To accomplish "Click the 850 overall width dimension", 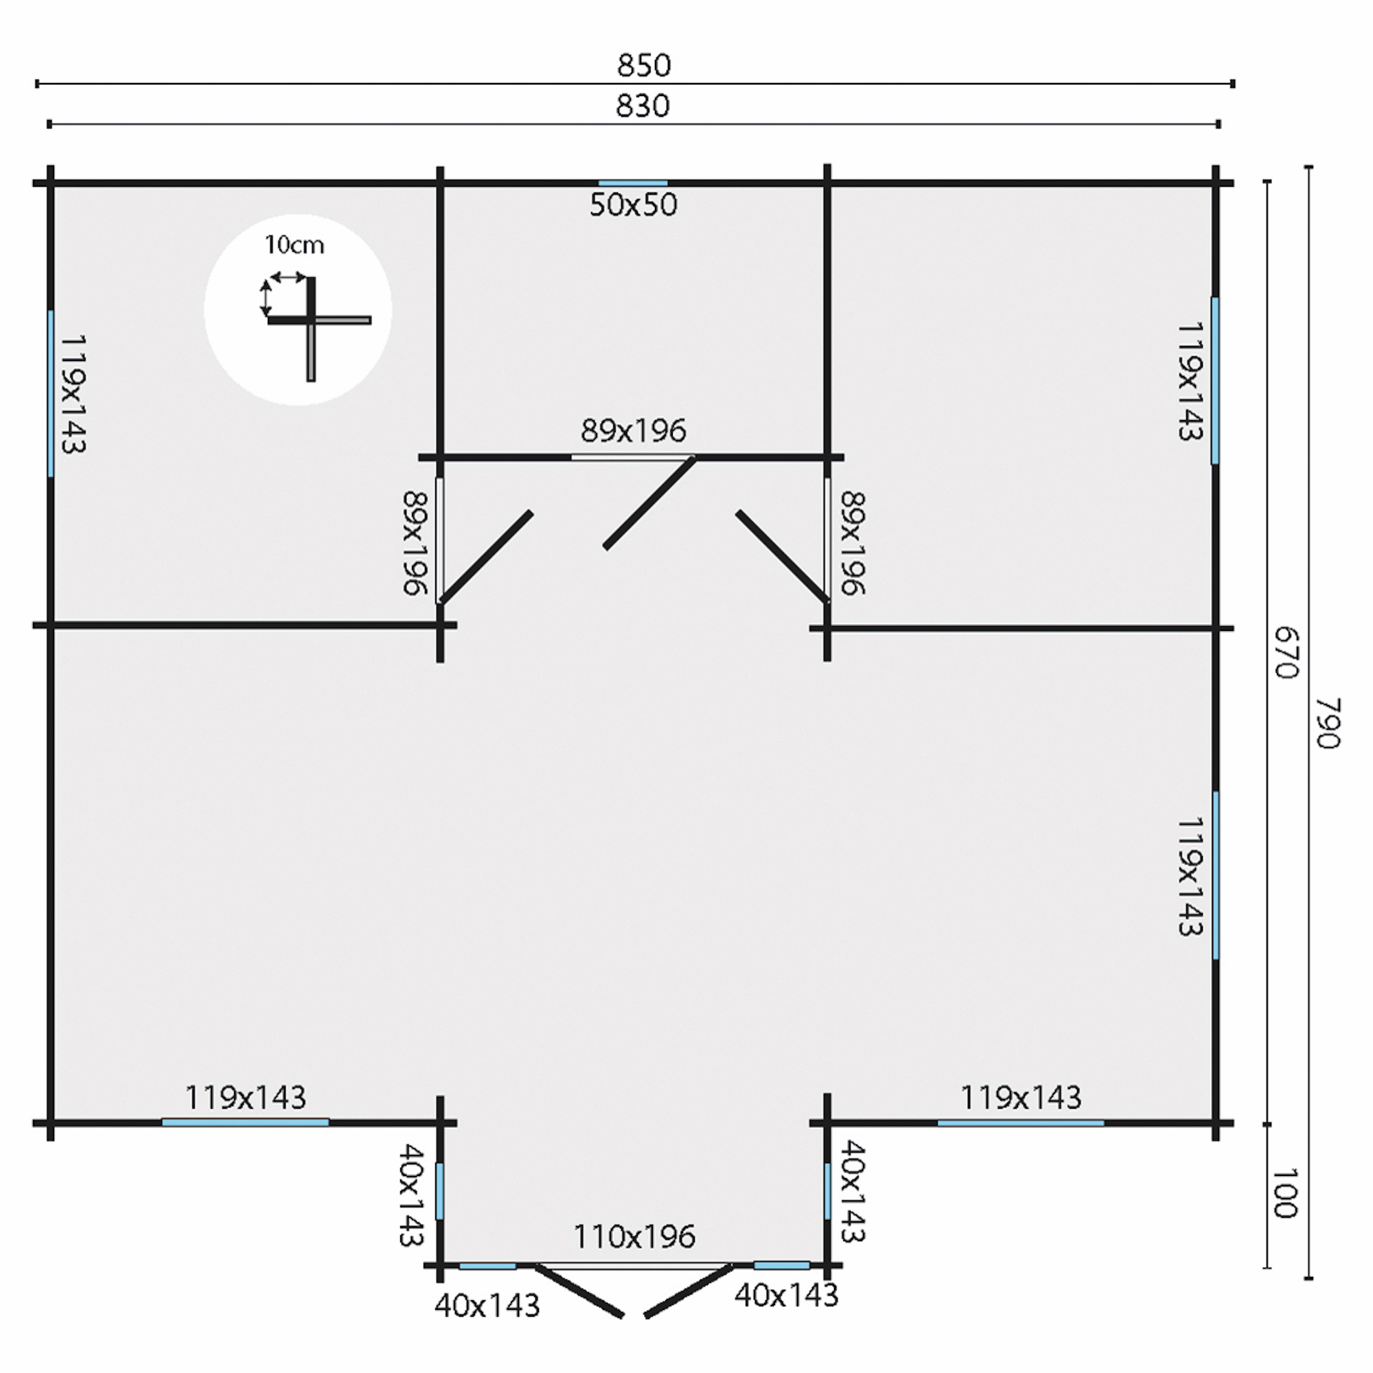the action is pyautogui.click(x=644, y=65).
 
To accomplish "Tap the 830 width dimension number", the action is pyautogui.click(x=643, y=106).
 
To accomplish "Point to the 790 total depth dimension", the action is pyautogui.click(x=1327, y=723).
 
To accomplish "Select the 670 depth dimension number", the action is pyautogui.click(x=1287, y=653).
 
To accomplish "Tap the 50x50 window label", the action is pyautogui.click(x=633, y=205).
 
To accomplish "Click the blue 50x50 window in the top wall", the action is pyautogui.click(x=632, y=183).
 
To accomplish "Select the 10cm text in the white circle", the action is pyautogui.click(x=295, y=245).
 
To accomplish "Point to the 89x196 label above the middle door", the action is pyautogui.click(x=633, y=430).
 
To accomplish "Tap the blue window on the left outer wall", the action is pyautogui.click(x=50, y=393).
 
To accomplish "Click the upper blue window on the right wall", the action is pyautogui.click(x=1215, y=380).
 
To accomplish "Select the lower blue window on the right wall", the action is pyautogui.click(x=1216, y=875).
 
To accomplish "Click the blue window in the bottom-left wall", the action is pyautogui.click(x=245, y=1123).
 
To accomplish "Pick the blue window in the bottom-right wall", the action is pyautogui.click(x=1021, y=1123).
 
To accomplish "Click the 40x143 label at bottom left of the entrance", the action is pyautogui.click(x=487, y=1306).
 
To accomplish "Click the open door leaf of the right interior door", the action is pyautogui.click(x=782, y=556).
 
